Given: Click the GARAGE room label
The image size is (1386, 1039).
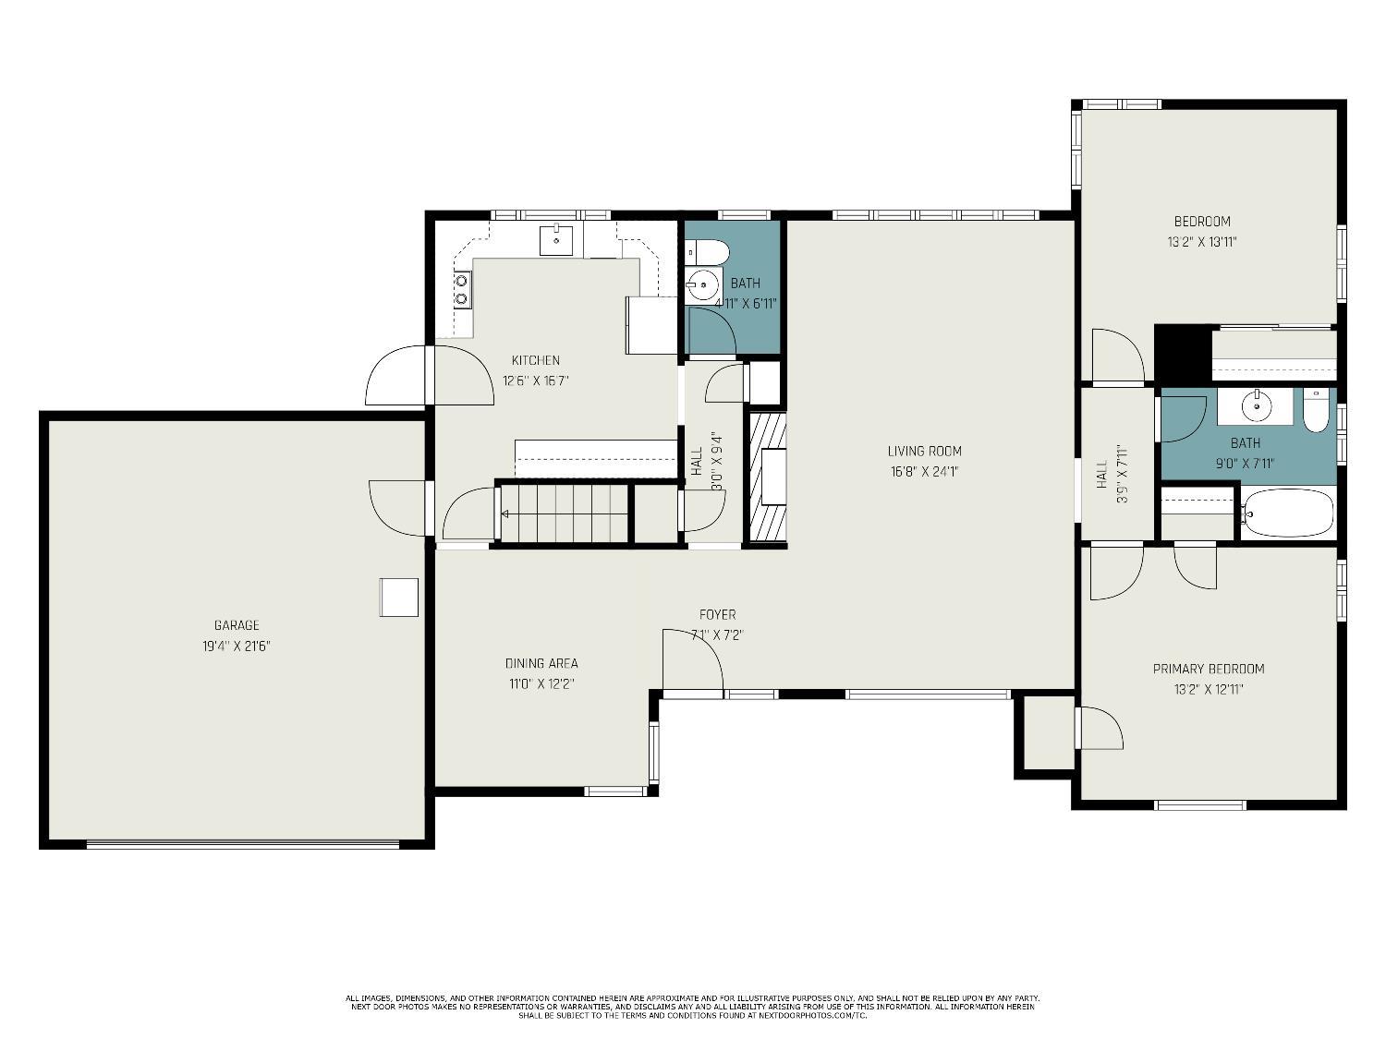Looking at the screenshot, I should click(x=237, y=625).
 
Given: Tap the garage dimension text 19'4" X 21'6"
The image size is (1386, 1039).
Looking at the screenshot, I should click(x=237, y=646).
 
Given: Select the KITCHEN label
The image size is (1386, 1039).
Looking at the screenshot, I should click(x=535, y=360).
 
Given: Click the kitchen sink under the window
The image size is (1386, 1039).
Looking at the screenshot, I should click(x=556, y=239).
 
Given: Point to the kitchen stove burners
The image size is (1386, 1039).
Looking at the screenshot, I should click(x=461, y=290).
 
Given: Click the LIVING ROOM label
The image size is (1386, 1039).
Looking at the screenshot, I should click(x=924, y=451).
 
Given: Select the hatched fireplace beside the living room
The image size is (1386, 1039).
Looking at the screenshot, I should click(x=767, y=477).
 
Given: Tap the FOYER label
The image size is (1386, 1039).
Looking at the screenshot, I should click(x=717, y=614).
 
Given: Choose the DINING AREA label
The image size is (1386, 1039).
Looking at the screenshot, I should click(x=541, y=663).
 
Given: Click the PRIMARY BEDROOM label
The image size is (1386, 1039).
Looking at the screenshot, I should click(x=1209, y=669).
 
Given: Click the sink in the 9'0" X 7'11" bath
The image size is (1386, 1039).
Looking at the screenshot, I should click(x=1255, y=405).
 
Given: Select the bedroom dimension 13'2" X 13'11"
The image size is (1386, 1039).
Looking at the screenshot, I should click(x=1202, y=242).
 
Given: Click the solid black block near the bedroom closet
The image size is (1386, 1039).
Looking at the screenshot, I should click(x=1183, y=353).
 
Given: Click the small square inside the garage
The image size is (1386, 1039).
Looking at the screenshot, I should click(x=399, y=597).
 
